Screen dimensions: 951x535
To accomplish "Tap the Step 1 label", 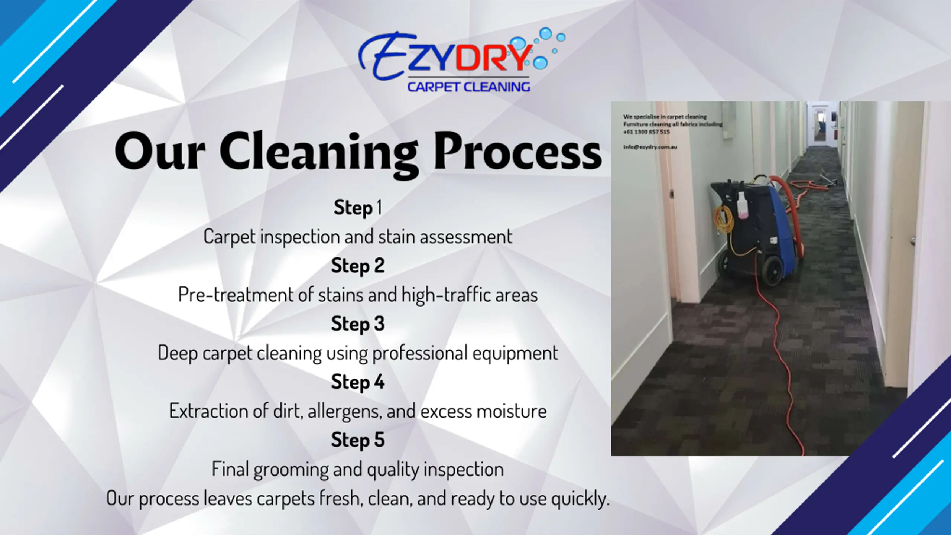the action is click(358, 207).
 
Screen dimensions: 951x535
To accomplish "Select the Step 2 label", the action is click(358, 266).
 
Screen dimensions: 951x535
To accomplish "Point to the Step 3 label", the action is click(358, 324).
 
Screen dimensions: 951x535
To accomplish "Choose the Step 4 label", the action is click(358, 382).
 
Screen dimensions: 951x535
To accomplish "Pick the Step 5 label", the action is click(358, 440).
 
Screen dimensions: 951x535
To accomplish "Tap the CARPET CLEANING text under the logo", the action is click(468, 87).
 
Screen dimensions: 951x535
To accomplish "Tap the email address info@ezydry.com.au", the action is click(650, 147).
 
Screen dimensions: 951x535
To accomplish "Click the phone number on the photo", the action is click(646, 132).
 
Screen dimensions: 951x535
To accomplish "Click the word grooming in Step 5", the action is click(291, 469).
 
